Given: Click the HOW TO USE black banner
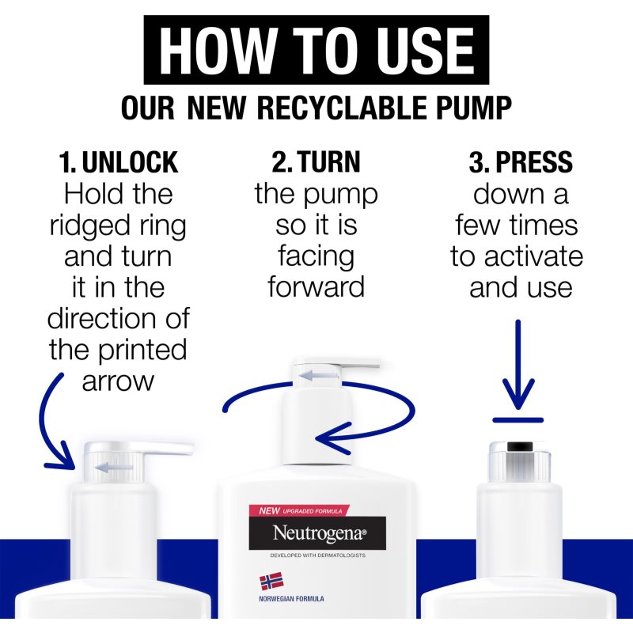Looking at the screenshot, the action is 316,50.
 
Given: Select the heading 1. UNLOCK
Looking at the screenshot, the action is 118,162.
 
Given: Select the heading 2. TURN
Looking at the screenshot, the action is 316,162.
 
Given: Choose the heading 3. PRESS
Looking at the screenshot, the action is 521,162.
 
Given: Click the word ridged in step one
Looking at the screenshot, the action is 89,226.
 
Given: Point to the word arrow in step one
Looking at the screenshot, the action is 118,381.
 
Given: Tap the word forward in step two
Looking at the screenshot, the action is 316,286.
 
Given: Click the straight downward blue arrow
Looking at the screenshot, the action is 518,364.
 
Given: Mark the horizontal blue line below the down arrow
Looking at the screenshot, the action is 518,420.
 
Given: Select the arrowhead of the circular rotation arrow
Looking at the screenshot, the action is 333,438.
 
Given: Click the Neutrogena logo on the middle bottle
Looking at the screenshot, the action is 317,533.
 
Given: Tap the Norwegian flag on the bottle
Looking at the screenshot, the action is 271,582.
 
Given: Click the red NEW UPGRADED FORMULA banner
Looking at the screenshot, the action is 299,510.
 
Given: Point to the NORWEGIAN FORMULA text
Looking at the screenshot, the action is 291,599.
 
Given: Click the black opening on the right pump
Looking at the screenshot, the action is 520,446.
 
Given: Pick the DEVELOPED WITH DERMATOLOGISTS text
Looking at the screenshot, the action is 318,555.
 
